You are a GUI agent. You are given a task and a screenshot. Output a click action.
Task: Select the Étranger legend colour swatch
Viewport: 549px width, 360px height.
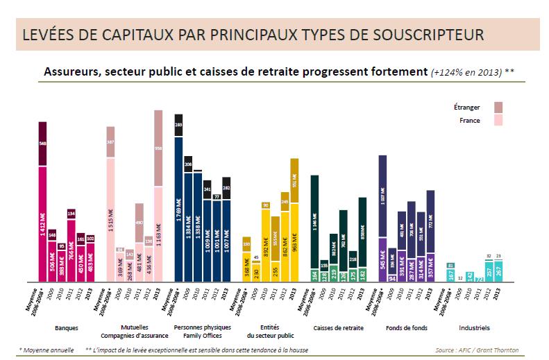(x=498, y=107)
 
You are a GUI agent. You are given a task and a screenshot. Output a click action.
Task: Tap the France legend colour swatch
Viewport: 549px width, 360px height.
(x=498, y=121)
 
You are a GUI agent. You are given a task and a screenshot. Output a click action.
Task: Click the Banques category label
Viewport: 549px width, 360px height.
(x=66, y=327)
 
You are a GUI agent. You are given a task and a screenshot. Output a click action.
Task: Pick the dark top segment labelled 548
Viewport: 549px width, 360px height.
(x=42, y=144)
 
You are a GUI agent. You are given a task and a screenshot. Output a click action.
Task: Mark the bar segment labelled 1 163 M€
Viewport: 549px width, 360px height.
(x=158, y=232)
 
